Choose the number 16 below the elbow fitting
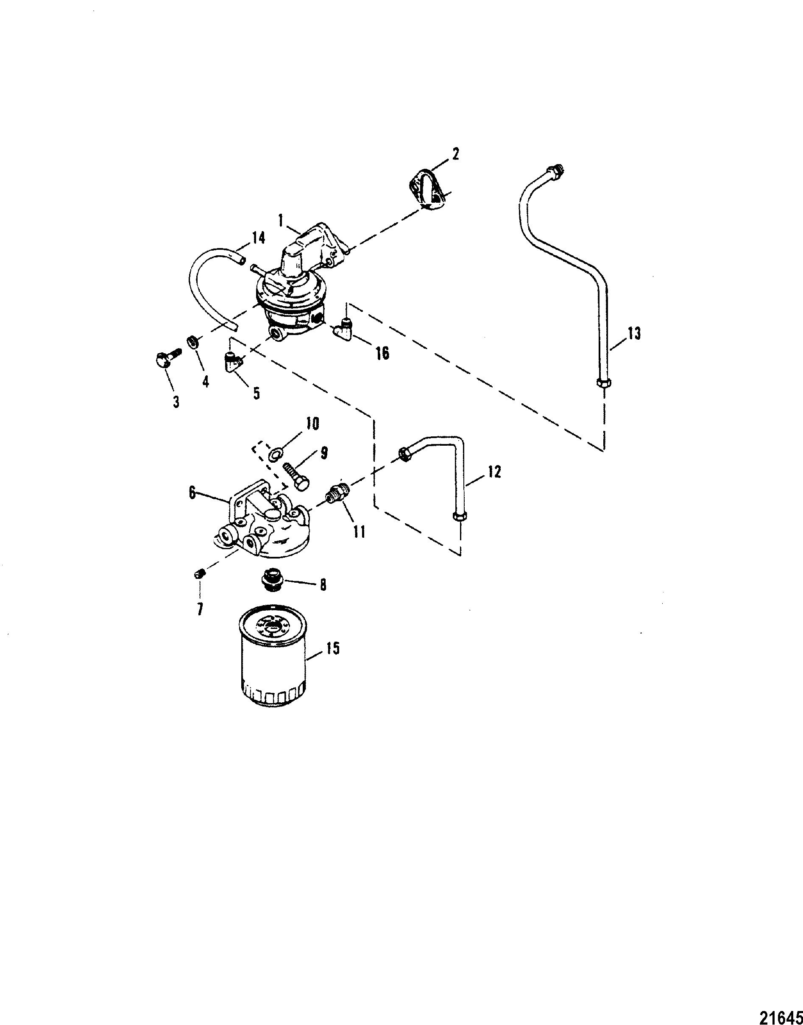point(382,353)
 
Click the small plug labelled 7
point(199,574)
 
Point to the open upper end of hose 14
point(241,259)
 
